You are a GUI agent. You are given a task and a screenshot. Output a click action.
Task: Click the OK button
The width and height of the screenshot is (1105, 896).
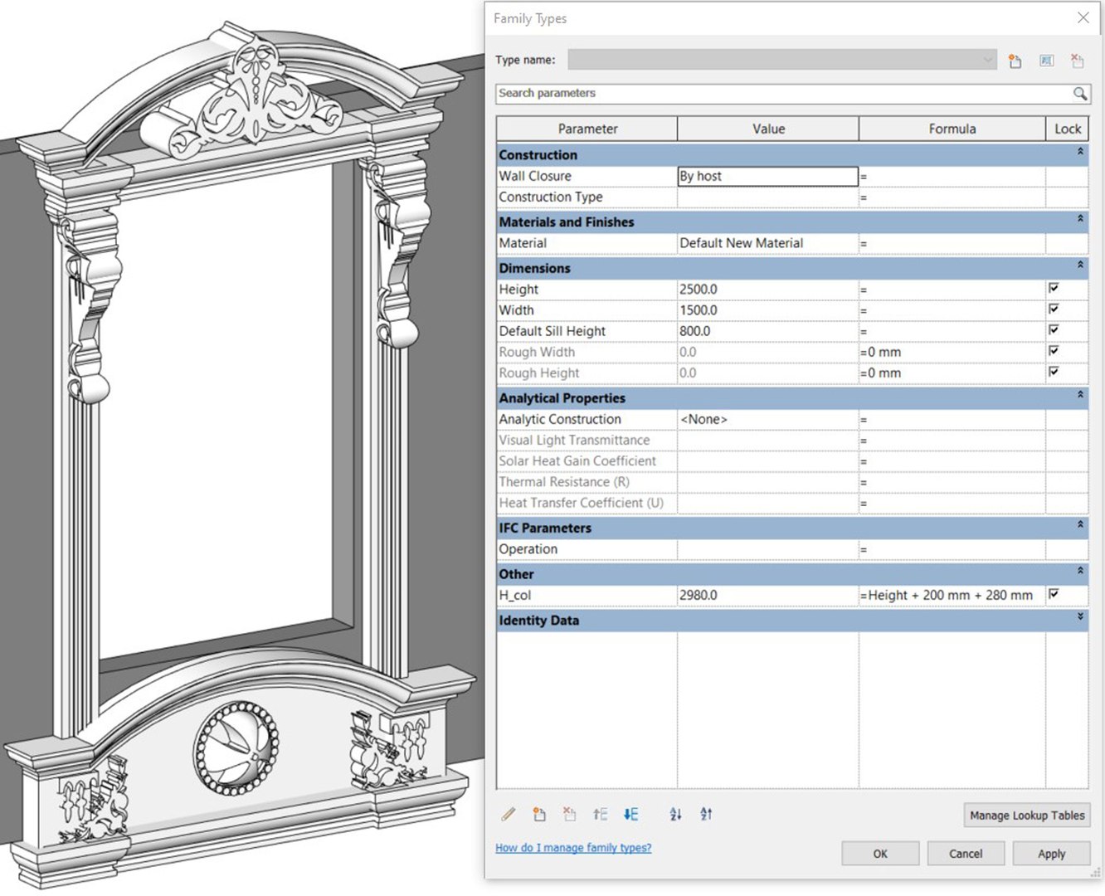(x=879, y=854)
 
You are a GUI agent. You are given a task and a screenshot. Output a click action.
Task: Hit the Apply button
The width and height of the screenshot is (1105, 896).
(x=1051, y=854)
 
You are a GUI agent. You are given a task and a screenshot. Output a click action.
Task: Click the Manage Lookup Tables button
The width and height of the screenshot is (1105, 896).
(x=1026, y=816)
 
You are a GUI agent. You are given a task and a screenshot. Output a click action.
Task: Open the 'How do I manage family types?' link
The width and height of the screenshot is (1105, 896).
(x=573, y=848)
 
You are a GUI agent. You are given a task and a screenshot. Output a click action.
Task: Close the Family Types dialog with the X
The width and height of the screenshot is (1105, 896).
(x=1083, y=17)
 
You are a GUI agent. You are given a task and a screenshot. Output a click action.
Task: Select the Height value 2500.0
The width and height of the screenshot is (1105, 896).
(x=767, y=290)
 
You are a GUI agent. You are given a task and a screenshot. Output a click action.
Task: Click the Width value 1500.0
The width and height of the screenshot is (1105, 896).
(x=767, y=310)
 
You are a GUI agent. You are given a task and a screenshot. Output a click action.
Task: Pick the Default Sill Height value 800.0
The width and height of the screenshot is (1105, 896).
(x=767, y=331)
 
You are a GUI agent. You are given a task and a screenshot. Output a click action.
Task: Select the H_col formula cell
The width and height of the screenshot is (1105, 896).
(x=951, y=596)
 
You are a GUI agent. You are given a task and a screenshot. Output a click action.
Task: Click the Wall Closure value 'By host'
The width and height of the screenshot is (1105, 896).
(x=767, y=177)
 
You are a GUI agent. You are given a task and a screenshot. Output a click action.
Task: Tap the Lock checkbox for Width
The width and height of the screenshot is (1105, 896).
(x=1054, y=309)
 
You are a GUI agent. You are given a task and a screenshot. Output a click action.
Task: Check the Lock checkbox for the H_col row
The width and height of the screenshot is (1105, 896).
(x=1054, y=594)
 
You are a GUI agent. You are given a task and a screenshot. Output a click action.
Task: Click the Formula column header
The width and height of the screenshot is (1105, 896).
(x=952, y=129)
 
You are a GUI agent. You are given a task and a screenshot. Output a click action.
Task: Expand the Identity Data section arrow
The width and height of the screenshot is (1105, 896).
(x=1079, y=617)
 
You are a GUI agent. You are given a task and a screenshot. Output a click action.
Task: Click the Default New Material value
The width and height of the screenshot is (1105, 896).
(x=767, y=244)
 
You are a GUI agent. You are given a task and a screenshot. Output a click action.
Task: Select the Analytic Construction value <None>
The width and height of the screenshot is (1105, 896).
(x=767, y=420)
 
